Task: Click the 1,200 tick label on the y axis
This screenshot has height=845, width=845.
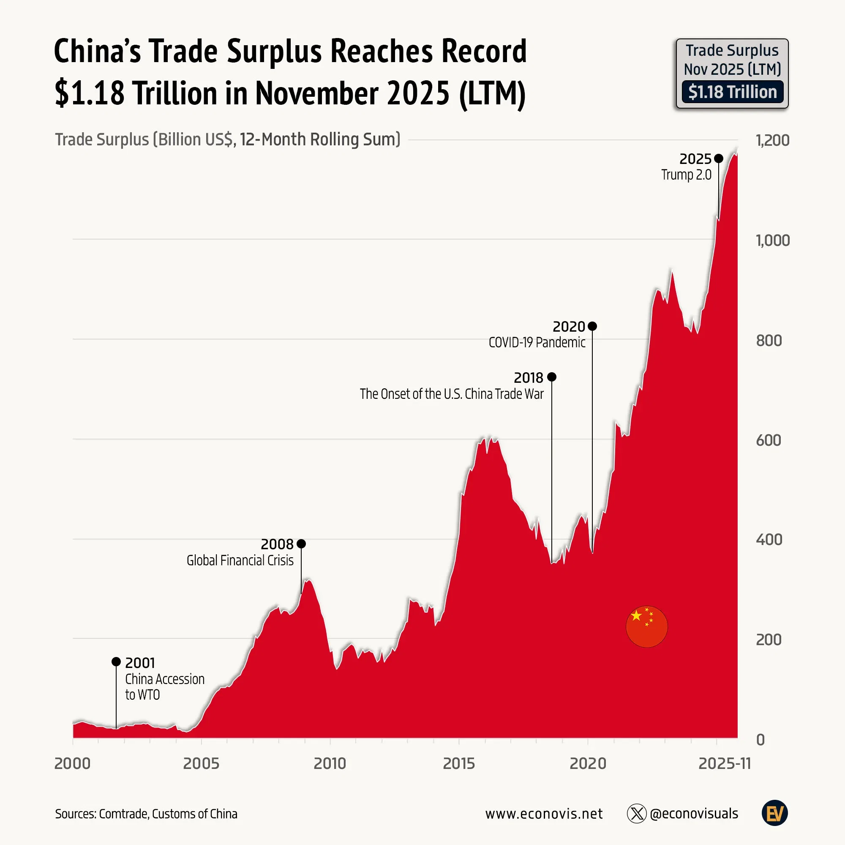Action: click(772, 140)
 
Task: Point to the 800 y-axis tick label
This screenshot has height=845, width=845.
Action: click(769, 340)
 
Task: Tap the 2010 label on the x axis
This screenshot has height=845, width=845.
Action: click(330, 763)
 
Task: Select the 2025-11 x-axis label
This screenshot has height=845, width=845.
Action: click(724, 763)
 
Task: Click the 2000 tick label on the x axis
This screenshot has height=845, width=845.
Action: click(73, 763)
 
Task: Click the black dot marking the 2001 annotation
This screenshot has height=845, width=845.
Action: click(116, 662)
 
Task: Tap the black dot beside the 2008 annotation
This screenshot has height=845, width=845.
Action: click(301, 544)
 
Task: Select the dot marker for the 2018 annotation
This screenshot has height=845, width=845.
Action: click(551, 376)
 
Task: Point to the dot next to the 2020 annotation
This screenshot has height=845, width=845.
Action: click(592, 326)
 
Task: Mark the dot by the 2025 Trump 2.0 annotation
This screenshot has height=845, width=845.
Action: click(718, 158)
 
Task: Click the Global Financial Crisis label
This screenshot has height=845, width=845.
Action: click(240, 560)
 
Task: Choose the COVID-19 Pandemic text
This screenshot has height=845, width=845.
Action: click(537, 342)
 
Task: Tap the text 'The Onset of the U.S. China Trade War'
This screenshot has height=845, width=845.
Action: click(451, 394)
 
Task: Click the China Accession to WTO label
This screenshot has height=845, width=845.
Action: click(164, 687)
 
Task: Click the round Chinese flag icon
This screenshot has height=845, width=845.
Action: click(646, 626)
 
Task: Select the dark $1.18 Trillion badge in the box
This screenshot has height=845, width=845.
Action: click(732, 92)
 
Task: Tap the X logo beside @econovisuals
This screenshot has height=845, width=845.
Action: click(636, 813)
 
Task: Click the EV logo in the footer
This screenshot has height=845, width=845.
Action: click(774, 813)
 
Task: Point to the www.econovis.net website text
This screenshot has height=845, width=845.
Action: click(544, 813)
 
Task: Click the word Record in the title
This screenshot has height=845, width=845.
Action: click(484, 51)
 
